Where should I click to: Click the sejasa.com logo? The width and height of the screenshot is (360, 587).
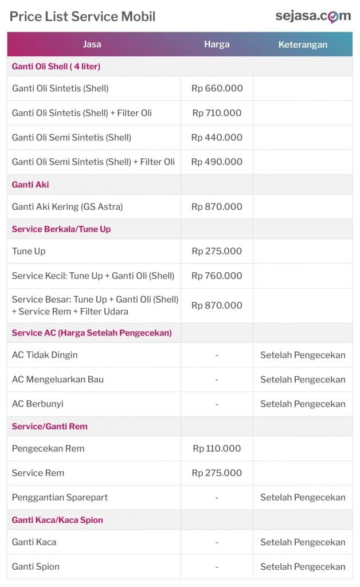click(312, 16)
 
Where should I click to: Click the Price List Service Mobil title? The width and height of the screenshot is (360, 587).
click(83, 16)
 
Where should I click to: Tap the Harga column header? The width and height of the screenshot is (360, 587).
click(217, 44)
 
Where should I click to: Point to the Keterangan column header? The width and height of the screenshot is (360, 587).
click(303, 44)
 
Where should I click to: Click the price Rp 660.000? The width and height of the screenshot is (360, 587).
click(217, 88)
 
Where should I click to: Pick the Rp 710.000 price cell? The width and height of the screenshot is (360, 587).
click(217, 113)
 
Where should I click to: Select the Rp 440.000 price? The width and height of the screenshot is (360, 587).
click(217, 138)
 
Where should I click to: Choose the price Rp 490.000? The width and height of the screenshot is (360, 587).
click(217, 162)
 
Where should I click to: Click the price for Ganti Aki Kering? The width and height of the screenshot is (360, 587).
click(217, 206)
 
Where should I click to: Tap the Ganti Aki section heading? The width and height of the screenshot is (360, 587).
click(30, 185)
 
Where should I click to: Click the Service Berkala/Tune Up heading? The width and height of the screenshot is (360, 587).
click(61, 229)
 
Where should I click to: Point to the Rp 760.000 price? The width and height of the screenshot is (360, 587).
click(217, 276)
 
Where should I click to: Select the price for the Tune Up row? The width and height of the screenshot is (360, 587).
click(217, 251)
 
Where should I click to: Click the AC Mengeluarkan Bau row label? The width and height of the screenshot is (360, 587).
click(58, 379)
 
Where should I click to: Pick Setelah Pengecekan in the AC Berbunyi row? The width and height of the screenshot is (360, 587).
click(303, 404)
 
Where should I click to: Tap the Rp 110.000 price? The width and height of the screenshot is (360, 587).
click(217, 448)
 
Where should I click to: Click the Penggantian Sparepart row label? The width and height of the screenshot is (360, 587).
click(60, 497)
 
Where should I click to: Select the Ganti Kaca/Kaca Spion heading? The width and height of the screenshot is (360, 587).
click(57, 520)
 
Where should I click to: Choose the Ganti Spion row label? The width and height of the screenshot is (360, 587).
click(36, 566)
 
